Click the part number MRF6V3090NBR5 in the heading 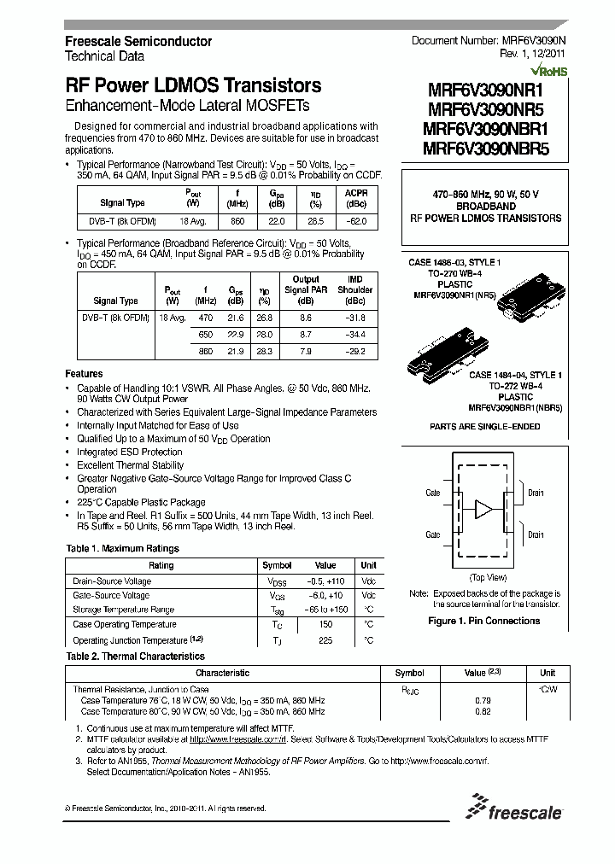click(485, 146)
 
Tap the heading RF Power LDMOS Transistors click(193, 86)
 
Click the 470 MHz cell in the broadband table click(206, 318)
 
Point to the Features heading click(84, 374)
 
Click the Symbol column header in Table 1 click(278, 565)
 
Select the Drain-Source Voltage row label click(112, 581)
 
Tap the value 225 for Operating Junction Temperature click(325, 639)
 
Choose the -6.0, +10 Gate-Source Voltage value click(325, 595)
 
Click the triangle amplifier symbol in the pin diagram click(484, 510)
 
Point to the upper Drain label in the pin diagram click(536, 493)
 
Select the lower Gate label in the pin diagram click(433, 535)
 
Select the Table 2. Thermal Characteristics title click(135, 656)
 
